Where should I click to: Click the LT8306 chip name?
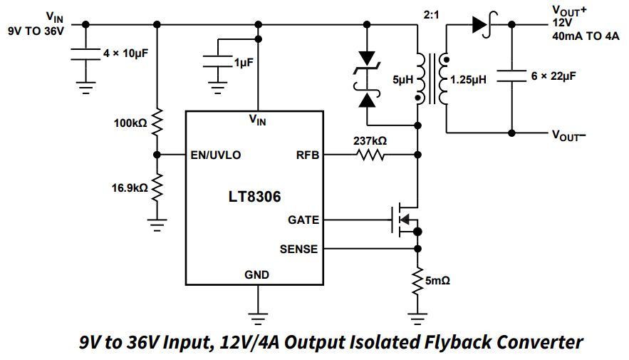click(254, 195)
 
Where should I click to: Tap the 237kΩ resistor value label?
click(370, 140)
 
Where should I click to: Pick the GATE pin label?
click(303, 220)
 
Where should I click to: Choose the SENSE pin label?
click(298, 249)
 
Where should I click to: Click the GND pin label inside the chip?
click(256, 274)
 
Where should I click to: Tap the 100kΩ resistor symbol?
click(157, 123)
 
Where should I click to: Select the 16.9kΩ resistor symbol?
click(157, 188)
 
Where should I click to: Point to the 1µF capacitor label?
click(243, 63)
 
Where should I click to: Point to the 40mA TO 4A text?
click(585, 36)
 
